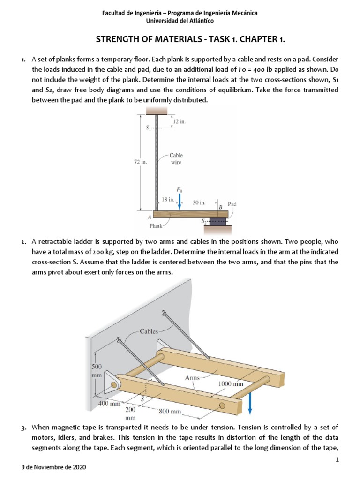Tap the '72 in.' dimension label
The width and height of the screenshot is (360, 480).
click(141, 162)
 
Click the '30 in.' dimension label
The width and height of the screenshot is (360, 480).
click(200, 202)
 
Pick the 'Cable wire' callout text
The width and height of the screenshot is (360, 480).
click(176, 158)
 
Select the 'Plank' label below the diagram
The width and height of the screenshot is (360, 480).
click(156, 226)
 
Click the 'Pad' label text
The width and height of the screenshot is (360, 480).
click(233, 204)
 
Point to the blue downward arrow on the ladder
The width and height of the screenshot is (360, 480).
click(250, 403)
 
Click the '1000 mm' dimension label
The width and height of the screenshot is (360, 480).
click(231, 383)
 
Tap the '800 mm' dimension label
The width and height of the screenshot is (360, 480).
click(169, 412)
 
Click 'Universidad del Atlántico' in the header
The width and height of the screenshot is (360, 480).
click(180, 21)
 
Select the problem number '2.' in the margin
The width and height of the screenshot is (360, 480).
click(23, 242)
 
